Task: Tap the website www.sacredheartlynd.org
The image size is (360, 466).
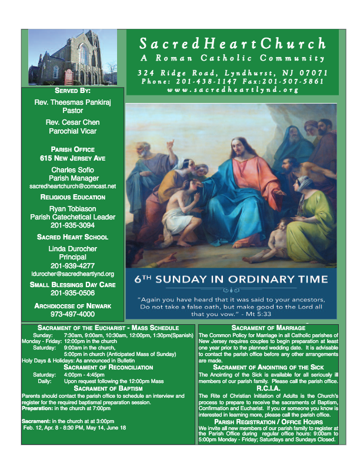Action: [x=233, y=90]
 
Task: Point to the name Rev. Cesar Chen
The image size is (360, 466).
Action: [x=72, y=122]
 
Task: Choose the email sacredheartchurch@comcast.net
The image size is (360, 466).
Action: [x=72, y=186]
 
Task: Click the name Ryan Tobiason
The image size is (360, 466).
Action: [x=72, y=208]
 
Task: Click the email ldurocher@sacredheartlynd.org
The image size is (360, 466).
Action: [x=72, y=274]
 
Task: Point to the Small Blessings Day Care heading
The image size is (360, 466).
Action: [x=72, y=284]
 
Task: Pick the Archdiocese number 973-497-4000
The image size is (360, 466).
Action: [x=72, y=314]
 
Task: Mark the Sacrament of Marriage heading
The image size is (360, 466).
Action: [x=268, y=327]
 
